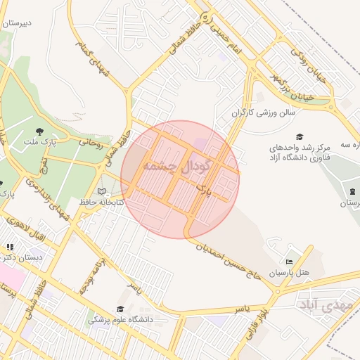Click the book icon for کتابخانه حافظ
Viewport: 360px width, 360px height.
[102, 191]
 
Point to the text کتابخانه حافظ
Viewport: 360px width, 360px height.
[102, 202]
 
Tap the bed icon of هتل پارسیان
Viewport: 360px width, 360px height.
[290, 262]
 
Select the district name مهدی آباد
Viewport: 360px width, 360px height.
[324, 305]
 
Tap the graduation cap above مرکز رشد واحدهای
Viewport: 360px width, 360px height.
[300, 136]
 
